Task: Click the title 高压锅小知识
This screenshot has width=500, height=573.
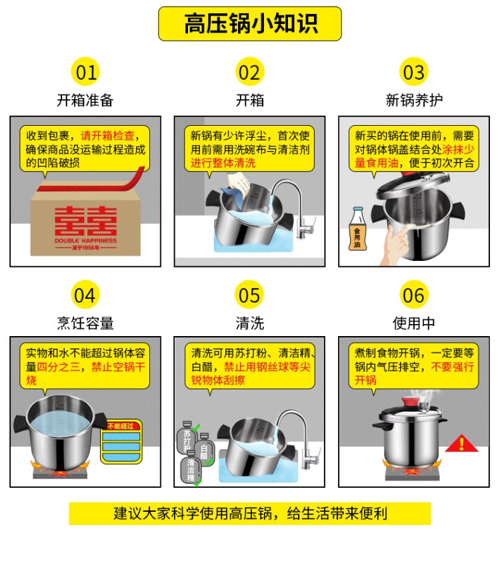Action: coord(251,24)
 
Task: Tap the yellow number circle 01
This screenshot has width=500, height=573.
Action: coord(85,72)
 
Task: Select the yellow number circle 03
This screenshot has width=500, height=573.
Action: coord(413,72)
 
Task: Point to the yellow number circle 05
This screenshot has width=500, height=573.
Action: coord(249,295)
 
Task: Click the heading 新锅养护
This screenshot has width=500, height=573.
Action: coord(414,100)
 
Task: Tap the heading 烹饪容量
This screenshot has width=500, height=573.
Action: coord(85,323)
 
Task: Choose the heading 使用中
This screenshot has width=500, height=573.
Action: coord(413,323)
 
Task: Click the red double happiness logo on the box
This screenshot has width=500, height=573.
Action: coord(85,221)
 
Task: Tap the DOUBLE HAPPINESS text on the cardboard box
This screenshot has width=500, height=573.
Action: coord(85,240)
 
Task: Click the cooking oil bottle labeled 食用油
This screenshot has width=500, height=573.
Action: coord(357,229)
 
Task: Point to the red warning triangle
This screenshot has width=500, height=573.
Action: coord(461,443)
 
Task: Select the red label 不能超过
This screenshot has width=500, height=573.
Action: coord(121,426)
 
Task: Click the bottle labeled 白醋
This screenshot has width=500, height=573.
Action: coord(204,449)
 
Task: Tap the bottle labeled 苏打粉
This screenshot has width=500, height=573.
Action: coord(187,437)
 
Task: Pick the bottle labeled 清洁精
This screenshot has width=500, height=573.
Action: coord(191,468)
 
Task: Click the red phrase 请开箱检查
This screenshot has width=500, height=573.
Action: coord(107,136)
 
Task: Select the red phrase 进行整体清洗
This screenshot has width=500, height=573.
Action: coord(223,163)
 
